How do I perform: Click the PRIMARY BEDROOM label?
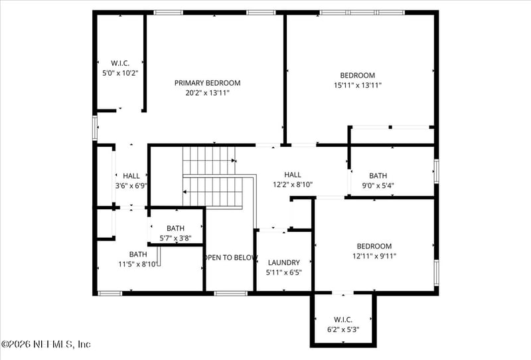(207, 83)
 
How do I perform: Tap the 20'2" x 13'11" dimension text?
(207, 93)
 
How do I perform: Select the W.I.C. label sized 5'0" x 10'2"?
(119, 63)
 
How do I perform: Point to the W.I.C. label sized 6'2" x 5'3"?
(342, 318)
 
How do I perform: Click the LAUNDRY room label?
(283, 262)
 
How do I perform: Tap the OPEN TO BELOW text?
(230, 258)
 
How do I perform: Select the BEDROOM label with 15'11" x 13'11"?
(357, 75)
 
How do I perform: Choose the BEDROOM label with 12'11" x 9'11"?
(374, 246)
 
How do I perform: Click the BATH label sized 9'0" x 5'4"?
(378, 176)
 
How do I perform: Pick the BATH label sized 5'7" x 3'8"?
(175, 228)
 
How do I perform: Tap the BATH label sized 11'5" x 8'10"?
(138, 254)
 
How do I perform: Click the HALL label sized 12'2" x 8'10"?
(292, 175)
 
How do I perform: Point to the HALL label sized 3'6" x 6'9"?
(131, 176)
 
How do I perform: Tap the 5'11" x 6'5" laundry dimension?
(283, 272)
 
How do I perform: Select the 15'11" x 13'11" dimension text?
(357, 85)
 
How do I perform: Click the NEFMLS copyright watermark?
(46, 344)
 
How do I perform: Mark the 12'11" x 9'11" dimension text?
(374, 256)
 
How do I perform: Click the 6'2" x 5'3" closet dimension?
(342, 328)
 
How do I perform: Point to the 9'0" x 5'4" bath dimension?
(378, 186)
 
